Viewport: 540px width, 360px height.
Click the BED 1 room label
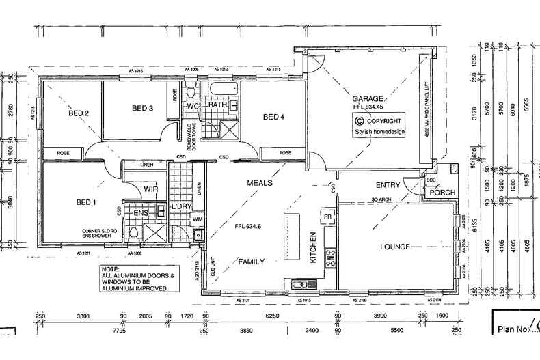pos(86,202)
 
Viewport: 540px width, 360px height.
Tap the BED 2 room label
pos(79,113)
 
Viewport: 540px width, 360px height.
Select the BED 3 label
pos(142,108)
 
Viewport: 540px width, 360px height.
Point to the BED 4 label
pos(273,117)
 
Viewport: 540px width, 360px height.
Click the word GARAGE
pos(368,98)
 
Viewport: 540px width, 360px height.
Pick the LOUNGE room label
pos(396,247)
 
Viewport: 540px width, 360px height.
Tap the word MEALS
pos(260,184)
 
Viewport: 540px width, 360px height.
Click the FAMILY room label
pos(251,261)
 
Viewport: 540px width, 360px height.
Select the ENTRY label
pos(388,185)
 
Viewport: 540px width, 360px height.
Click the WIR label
pos(151,189)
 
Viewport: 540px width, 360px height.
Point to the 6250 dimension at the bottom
pos(272,316)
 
